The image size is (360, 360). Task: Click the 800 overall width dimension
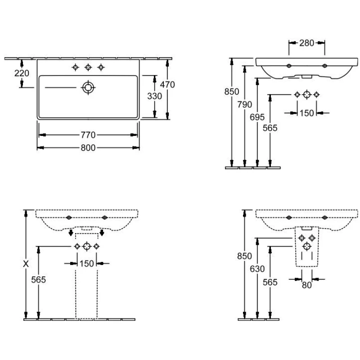pos(88,148)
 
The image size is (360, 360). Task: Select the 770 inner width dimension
pos(88,135)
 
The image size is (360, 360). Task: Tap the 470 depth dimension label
pos(167,85)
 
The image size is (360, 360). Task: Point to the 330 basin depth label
pos(154,96)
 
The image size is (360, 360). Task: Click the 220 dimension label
pos(22,73)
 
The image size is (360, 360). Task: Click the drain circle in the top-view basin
pos(88,87)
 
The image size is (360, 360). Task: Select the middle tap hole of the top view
pos(88,67)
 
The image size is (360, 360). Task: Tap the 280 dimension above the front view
pos(307,43)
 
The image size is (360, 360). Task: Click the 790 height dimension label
pos(244,105)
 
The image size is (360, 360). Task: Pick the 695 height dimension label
pos(257,117)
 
